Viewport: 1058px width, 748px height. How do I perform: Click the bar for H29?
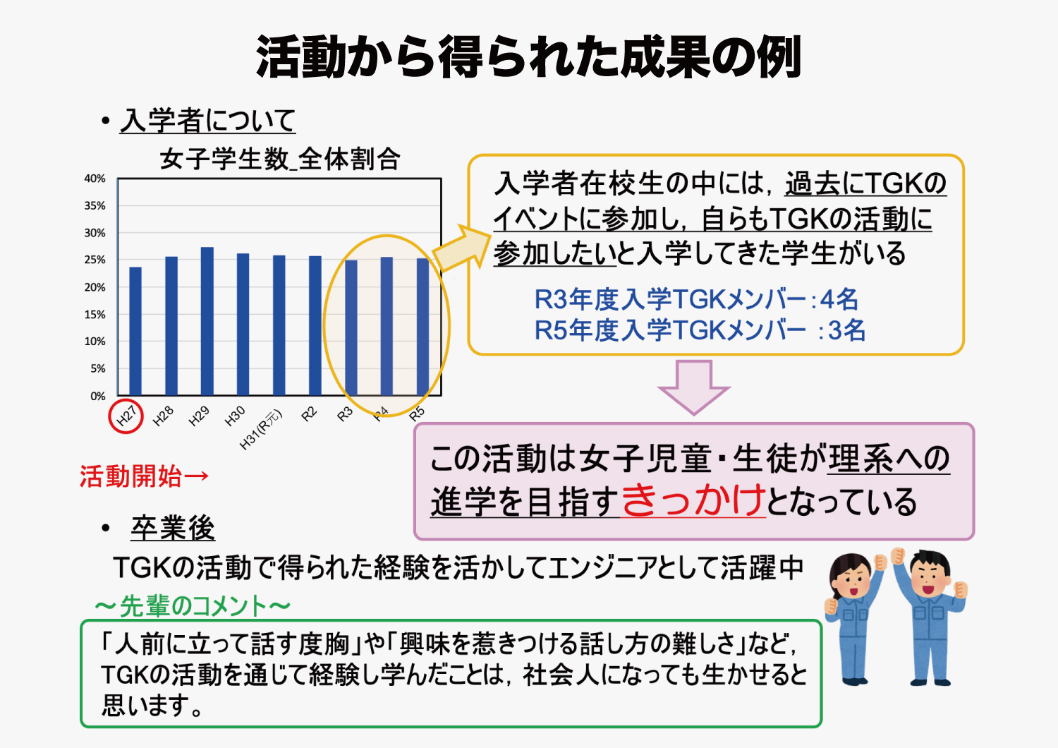207,321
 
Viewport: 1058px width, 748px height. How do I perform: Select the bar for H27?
135,331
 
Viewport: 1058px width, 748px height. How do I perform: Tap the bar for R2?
315,325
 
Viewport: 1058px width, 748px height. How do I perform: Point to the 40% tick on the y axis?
95,179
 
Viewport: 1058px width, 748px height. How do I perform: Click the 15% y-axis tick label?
95,315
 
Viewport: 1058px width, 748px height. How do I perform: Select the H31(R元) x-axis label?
261,430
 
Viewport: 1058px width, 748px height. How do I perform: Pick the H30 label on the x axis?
235,416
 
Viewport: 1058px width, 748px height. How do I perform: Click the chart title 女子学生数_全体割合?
279,159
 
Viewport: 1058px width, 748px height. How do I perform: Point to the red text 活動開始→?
144,476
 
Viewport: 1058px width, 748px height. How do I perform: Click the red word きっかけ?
693,500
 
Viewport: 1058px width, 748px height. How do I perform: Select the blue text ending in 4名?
695,300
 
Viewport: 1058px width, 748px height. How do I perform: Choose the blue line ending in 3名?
700,330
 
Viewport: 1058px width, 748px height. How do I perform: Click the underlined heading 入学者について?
208,121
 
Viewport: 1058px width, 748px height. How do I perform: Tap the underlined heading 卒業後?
173,528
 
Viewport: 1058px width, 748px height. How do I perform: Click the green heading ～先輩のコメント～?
193,605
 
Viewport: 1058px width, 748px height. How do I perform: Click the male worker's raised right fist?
897,557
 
